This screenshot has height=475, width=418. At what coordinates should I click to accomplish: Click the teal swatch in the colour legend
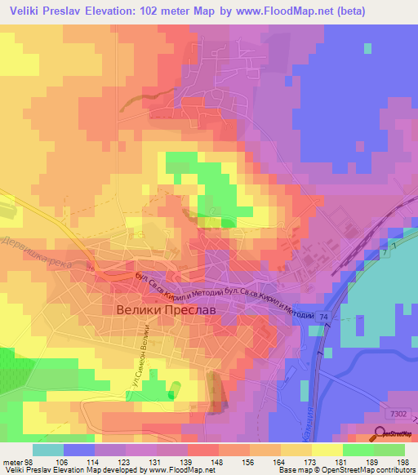(47, 450)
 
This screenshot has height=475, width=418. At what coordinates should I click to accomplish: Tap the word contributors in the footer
(396, 469)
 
